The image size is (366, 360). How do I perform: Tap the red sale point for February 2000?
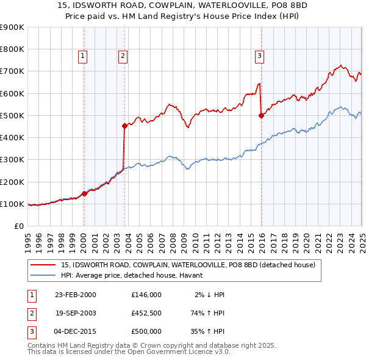click(x=84, y=193)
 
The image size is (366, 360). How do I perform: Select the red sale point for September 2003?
click(x=124, y=126)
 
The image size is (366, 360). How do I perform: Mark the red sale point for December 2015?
click(x=261, y=115)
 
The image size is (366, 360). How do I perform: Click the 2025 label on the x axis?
click(x=362, y=237)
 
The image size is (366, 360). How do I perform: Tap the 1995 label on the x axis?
click(x=28, y=237)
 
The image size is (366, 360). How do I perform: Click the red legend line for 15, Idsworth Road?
click(x=43, y=265)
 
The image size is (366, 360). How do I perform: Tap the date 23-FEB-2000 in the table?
click(x=76, y=295)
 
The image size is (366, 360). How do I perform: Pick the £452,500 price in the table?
click(x=146, y=313)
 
